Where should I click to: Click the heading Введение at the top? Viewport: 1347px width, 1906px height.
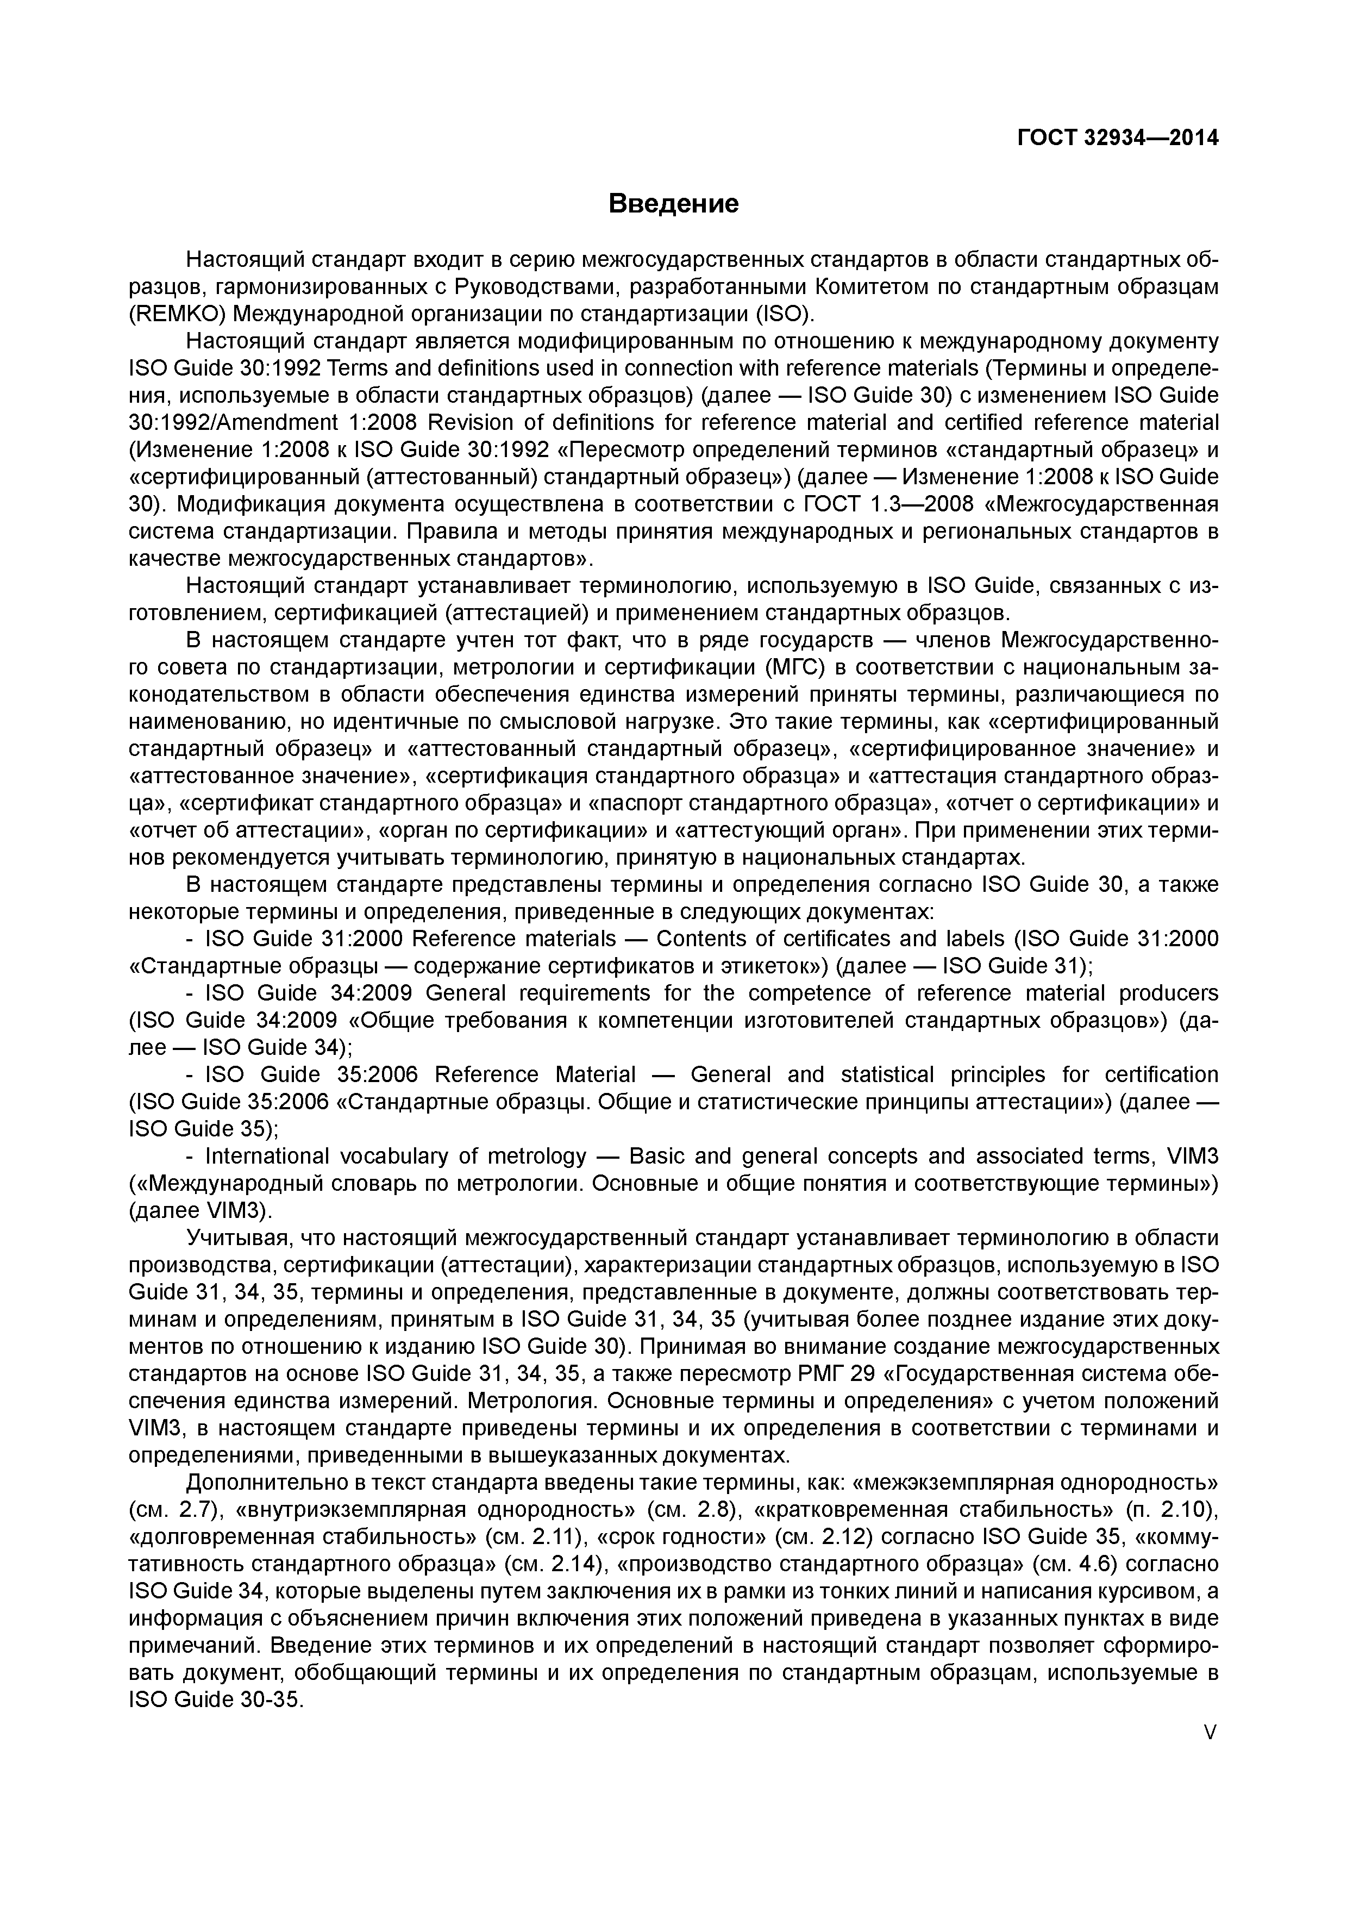tap(673, 203)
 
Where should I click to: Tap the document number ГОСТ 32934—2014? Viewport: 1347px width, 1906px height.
tap(1117, 138)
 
